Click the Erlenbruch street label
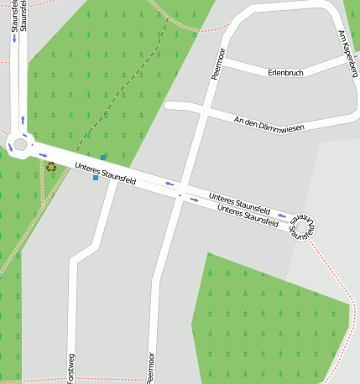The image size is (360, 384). point(284,73)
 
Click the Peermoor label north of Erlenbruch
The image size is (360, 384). point(216,65)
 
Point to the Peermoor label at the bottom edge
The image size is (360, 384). point(152,366)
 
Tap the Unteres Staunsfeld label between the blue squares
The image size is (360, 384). point(105,173)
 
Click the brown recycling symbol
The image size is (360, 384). point(52,167)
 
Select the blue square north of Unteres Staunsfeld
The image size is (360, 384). point(103,157)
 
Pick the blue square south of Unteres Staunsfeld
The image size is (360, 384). point(96,178)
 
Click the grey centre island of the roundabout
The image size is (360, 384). point(19,144)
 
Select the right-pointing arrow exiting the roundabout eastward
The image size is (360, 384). point(42,154)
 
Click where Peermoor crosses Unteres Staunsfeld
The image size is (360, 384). point(180,195)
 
